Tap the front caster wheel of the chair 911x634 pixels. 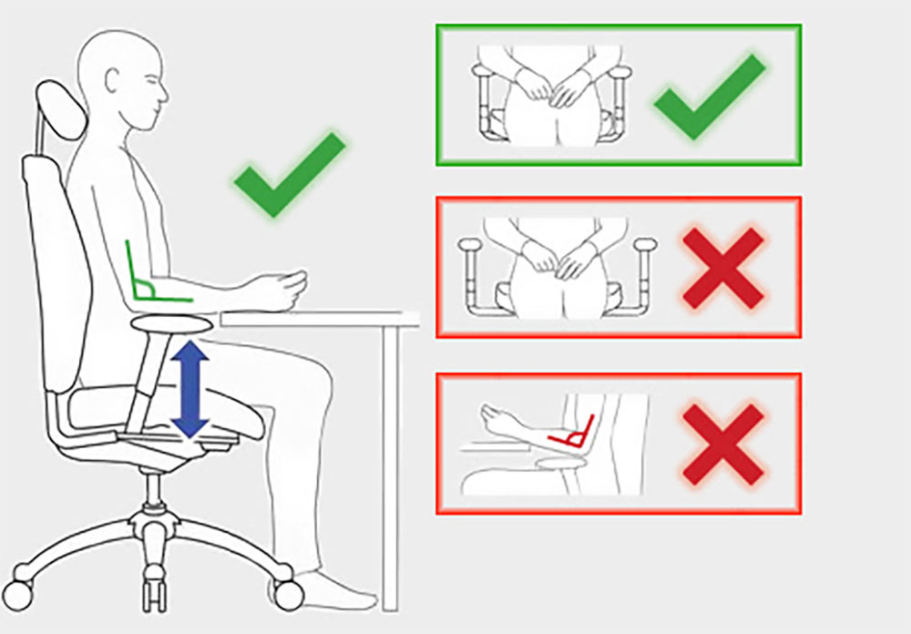pyautogui.click(x=288, y=594)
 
